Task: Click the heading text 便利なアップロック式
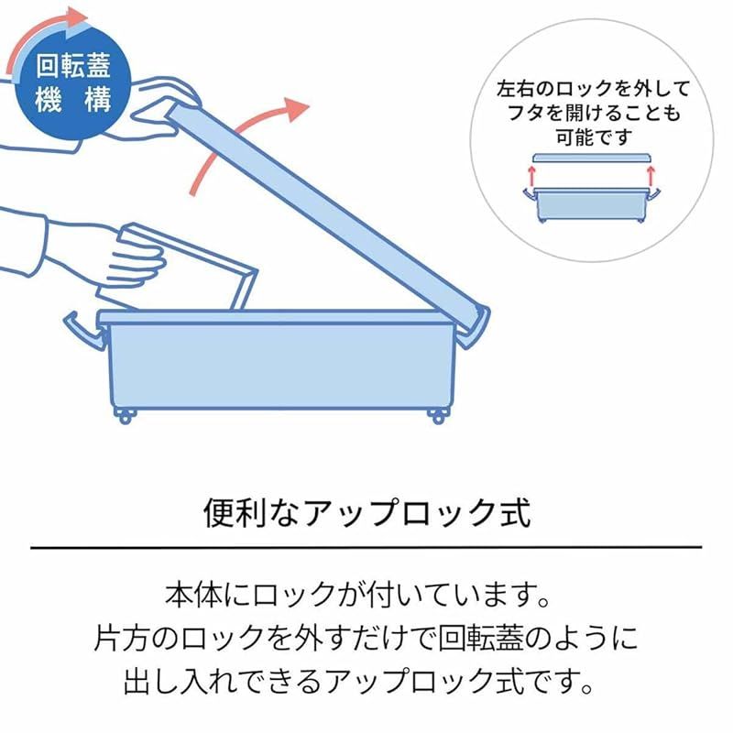366,511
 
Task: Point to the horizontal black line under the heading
366,547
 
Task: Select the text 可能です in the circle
590,137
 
